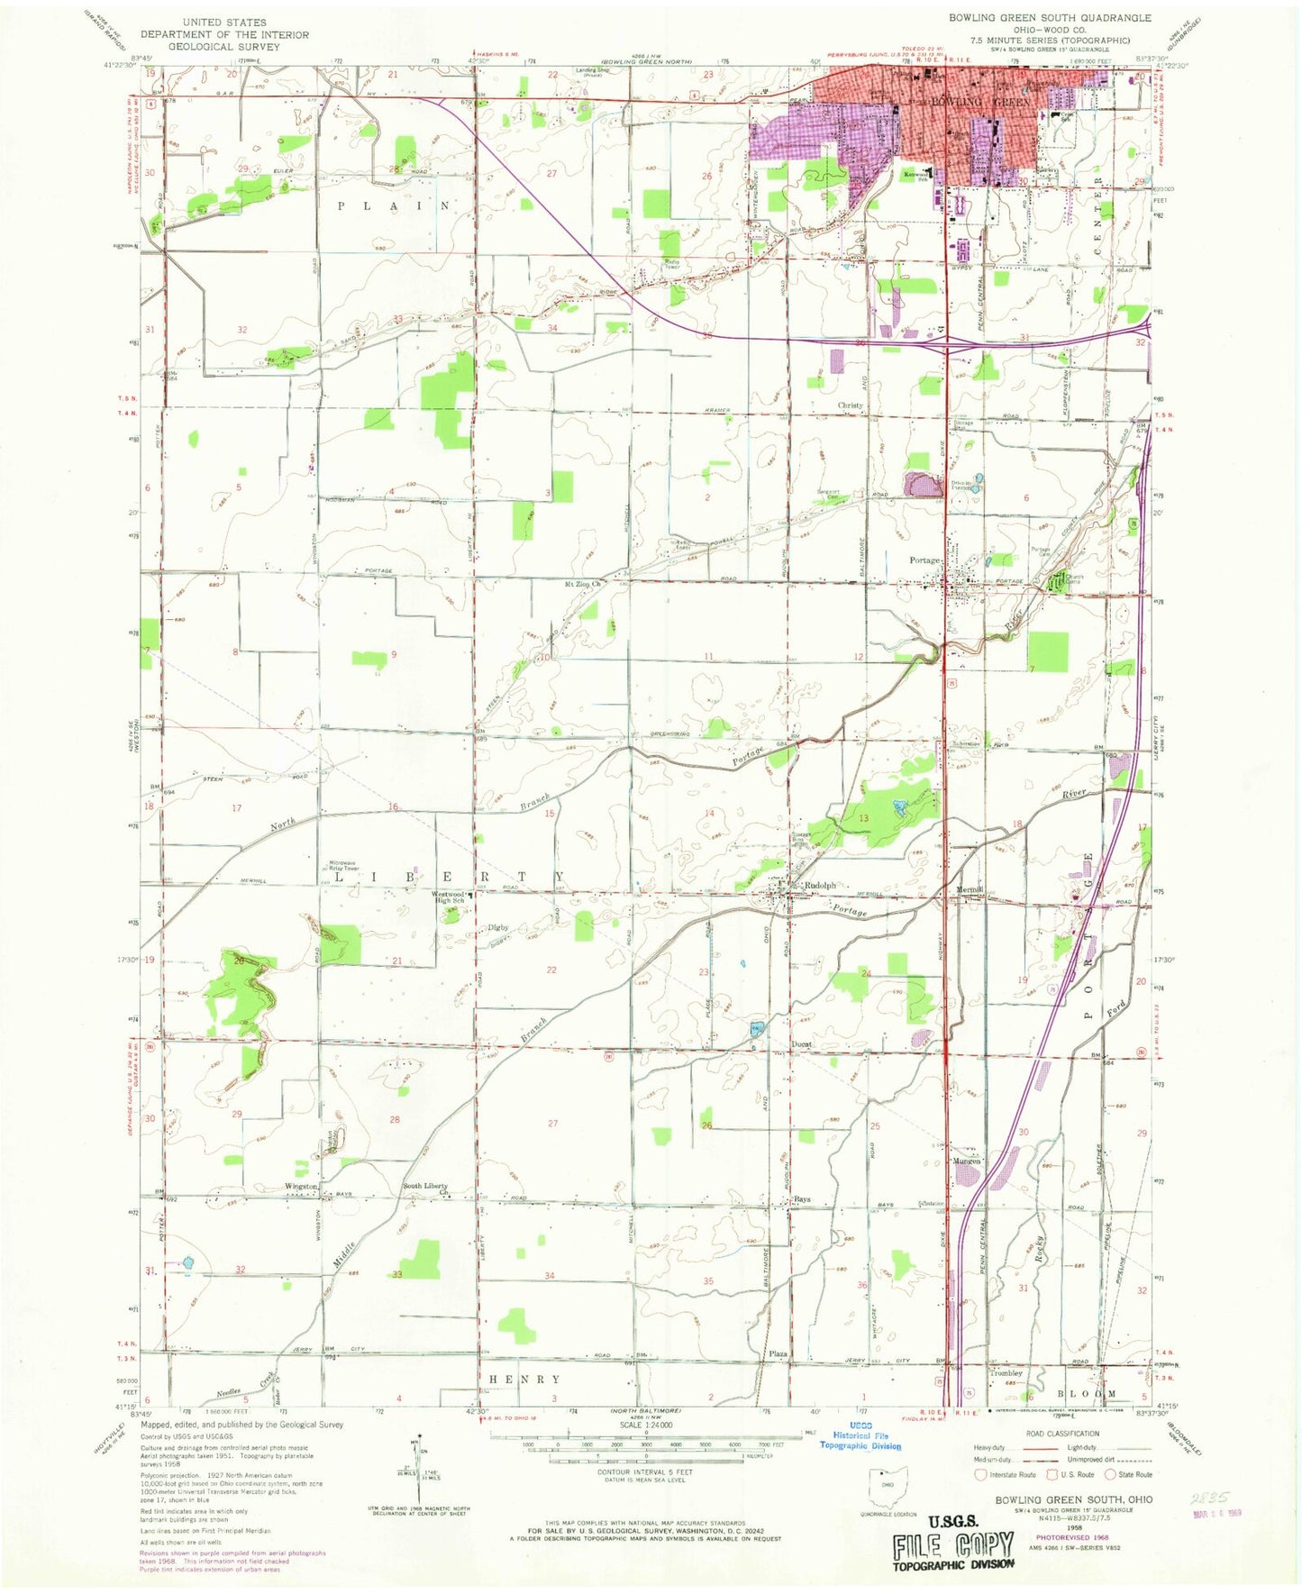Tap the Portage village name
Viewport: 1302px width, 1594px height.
pyautogui.click(x=924, y=560)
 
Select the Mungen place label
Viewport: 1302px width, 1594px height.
pyautogui.click(x=966, y=1161)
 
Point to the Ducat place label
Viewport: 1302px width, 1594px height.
pyautogui.click(x=802, y=1044)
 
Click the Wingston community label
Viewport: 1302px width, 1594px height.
pyautogui.click(x=301, y=1187)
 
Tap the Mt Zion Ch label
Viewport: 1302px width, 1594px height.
pyautogui.click(x=582, y=584)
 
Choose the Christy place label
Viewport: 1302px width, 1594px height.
pyautogui.click(x=850, y=405)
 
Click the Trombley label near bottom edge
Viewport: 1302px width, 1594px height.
pyautogui.click(x=1006, y=1373)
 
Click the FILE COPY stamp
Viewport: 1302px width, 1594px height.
pyautogui.click(x=953, y=1547)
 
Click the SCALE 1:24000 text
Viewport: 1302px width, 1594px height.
pyautogui.click(x=645, y=1425)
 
